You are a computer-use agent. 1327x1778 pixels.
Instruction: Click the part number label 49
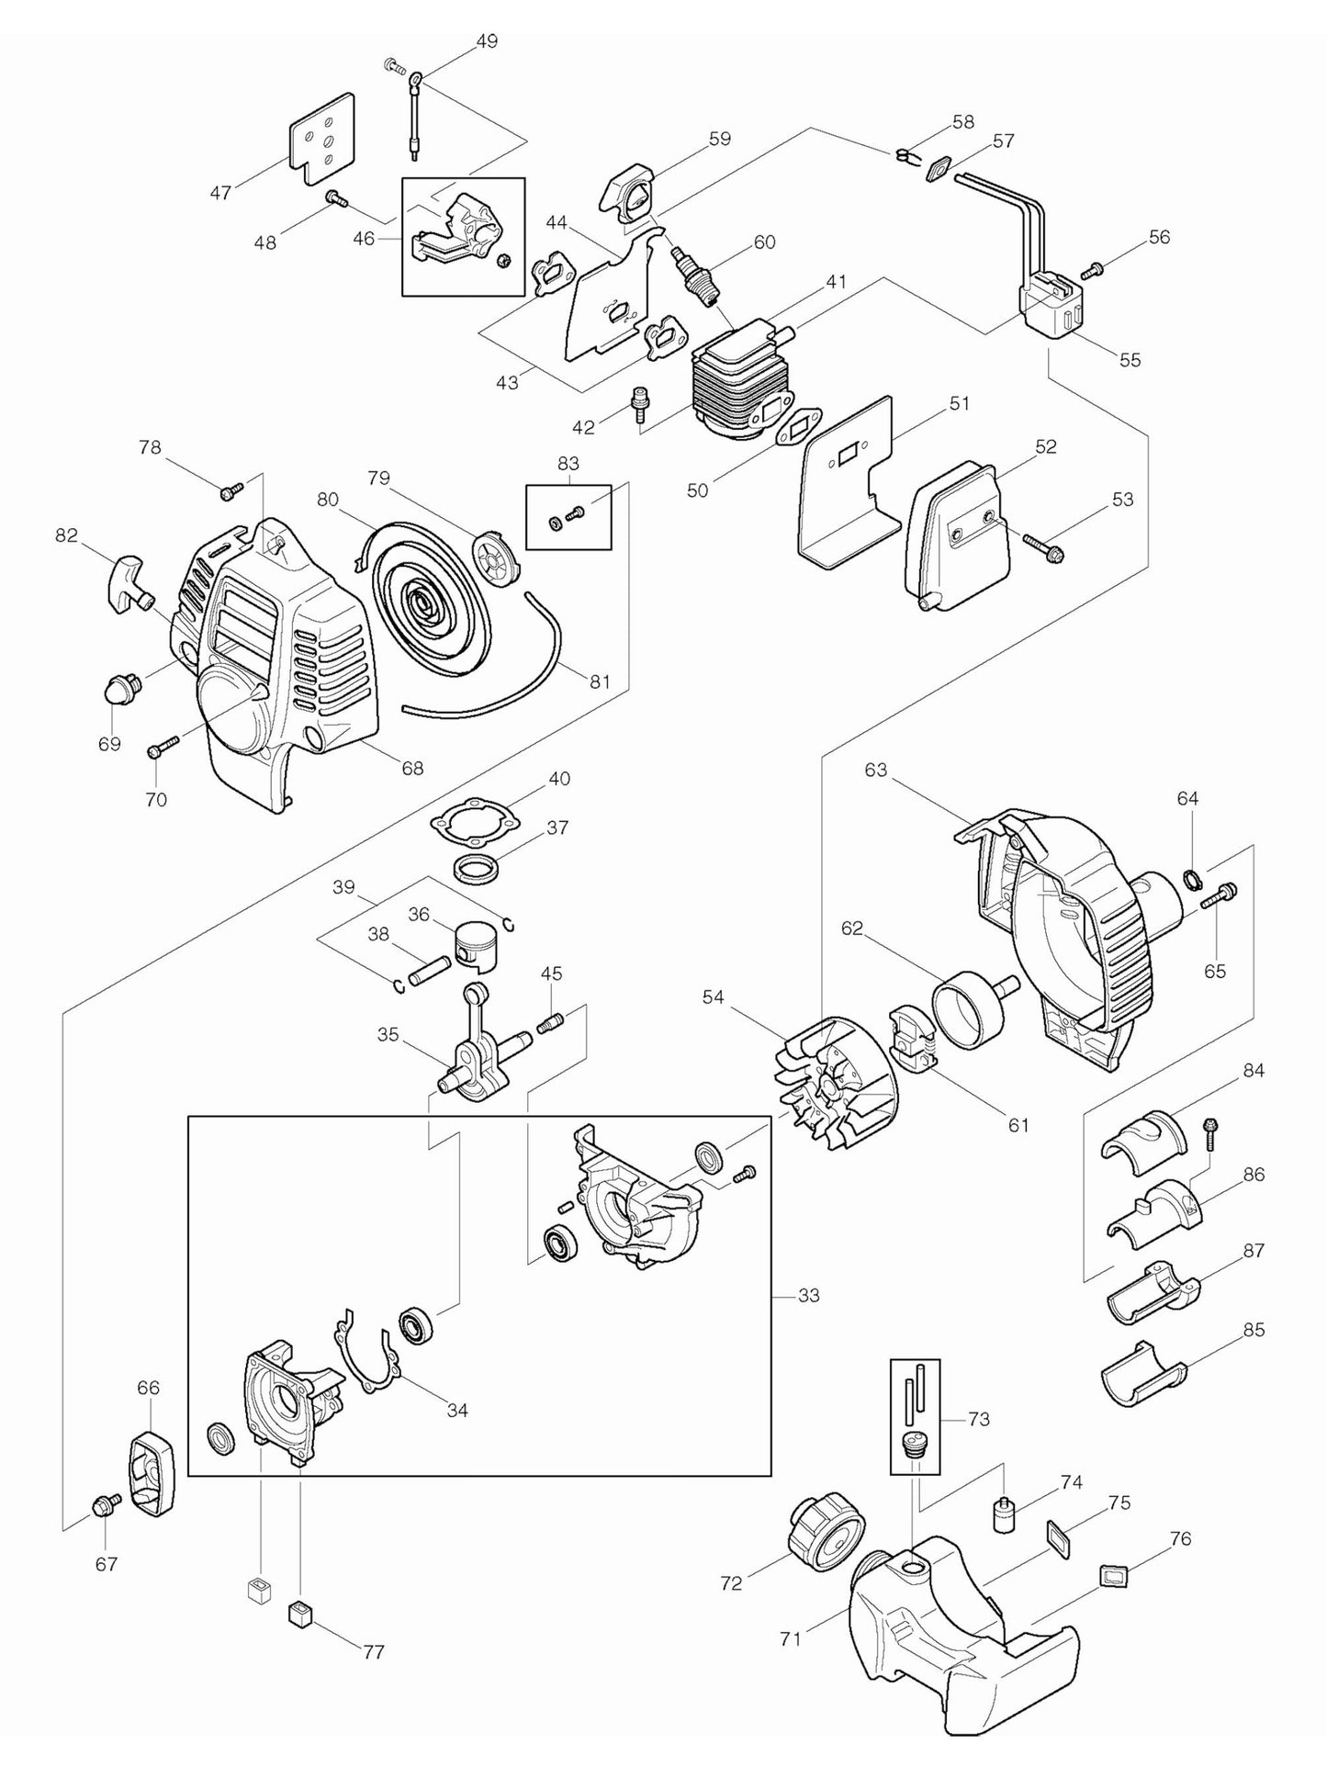click(x=487, y=41)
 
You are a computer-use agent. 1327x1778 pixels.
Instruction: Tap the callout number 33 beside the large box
click(x=808, y=1296)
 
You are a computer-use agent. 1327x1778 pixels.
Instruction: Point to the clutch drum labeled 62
click(x=967, y=1012)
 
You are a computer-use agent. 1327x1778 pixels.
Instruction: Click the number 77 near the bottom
click(x=373, y=1652)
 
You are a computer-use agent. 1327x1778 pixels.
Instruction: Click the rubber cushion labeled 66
click(x=151, y=1471)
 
